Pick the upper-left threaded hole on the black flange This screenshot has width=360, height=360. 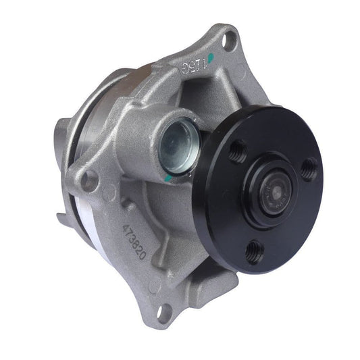coord(238,151)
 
